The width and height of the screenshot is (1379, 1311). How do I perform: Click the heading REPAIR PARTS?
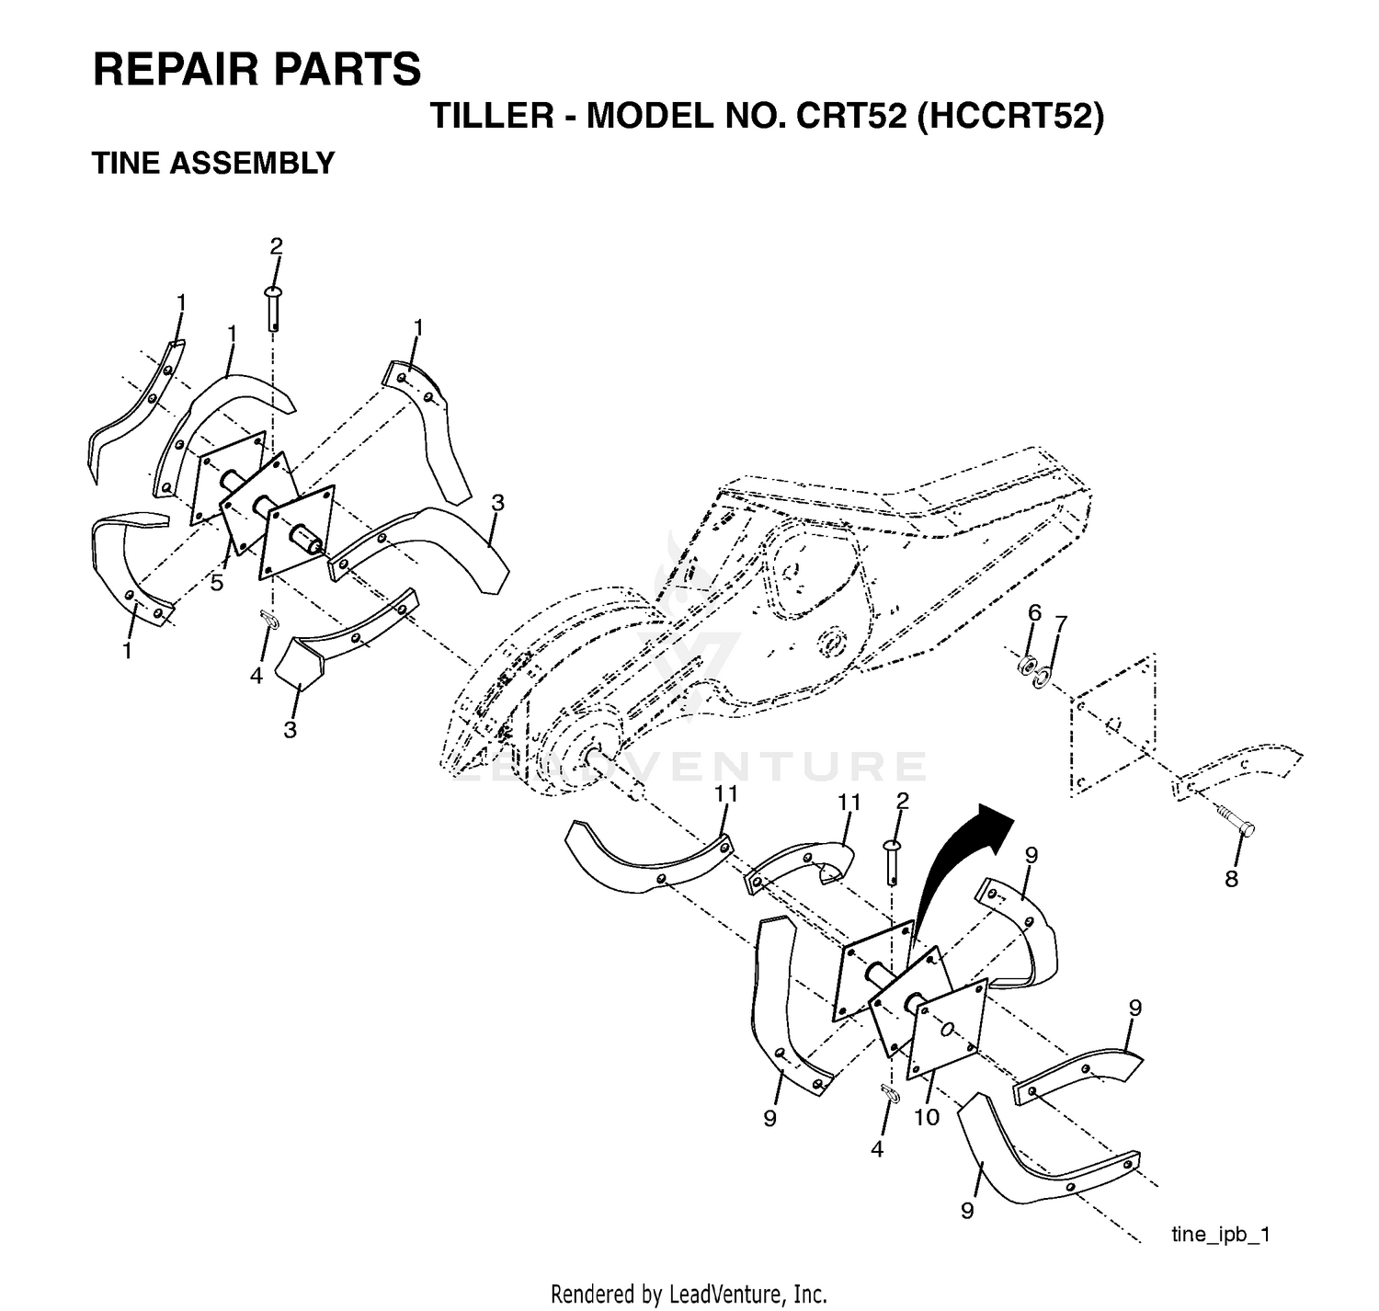256,70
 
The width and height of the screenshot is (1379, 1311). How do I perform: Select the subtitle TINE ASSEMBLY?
213,164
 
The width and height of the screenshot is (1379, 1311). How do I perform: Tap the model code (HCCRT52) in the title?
1010,116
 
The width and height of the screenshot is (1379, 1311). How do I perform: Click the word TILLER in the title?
493,116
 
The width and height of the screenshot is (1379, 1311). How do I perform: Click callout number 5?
217,582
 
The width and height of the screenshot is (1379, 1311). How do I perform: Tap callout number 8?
1232,879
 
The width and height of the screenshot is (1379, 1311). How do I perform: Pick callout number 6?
1035,612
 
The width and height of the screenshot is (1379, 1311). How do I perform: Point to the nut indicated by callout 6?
1029,665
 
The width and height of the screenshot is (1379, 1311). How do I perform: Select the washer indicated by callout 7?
1042,678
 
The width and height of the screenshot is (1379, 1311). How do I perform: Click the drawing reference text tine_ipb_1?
1221,1234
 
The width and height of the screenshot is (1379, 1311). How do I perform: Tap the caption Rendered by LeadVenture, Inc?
689,1294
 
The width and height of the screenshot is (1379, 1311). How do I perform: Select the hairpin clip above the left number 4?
268,620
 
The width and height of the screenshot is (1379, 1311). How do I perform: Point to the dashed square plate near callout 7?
1112,725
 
